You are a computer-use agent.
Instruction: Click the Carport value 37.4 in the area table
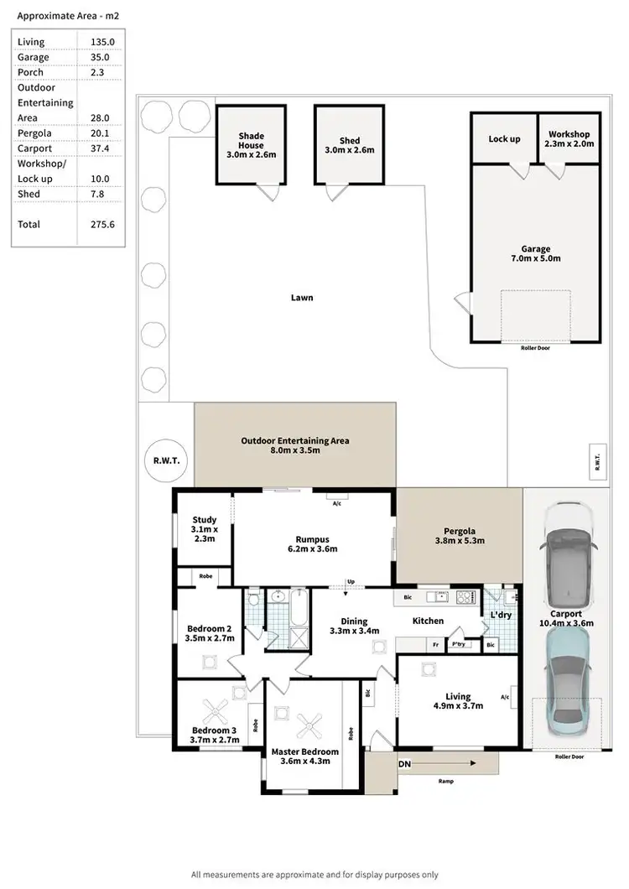click(101, 148)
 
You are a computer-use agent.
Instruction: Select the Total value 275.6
click(101, 224)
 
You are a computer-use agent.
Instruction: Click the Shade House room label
click(251, 145)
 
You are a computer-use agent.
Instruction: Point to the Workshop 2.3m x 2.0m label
click(569, 138)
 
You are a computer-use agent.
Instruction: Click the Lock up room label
click(503, 138)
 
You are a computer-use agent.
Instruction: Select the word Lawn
click(302, 298)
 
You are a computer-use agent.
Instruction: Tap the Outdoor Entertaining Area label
click(294, 445)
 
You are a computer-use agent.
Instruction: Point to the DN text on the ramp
click(404, 764)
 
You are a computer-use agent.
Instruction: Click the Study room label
click(204, 529)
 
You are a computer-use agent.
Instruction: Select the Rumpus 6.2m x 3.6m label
click(310, 544)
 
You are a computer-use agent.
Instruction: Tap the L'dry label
click(500, 616)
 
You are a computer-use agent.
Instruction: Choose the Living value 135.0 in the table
click(101, 42)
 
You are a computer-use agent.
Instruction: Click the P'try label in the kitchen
click(458, 645)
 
